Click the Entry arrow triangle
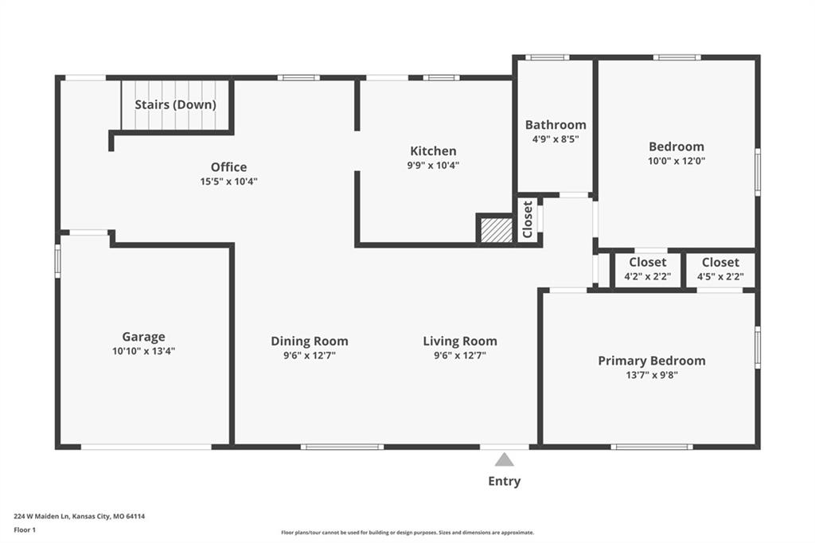(x=504, y=460)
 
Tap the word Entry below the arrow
(x=504, y=482)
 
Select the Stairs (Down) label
(x=175, y=104)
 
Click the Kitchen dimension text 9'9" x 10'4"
(x=433, y=166)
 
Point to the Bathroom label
(x=556, y=125)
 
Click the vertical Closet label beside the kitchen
(x=528, y=220)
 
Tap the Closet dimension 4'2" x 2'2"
(x=648, y=277)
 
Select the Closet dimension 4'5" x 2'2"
(x=720, y=277)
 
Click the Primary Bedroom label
(x=652, y=361)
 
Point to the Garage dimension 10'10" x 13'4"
(x=143, y=351)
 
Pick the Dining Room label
(x=310, y=342)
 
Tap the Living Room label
(x=460, y=342)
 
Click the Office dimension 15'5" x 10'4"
(x=228, y=182)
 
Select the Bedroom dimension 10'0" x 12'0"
(x=677, y=162)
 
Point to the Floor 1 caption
(x=25, y=530)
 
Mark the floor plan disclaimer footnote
(x=407, y=533)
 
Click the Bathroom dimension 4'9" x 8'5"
(x=556, y=139)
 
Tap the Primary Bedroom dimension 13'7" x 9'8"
(x=652, y=375)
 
